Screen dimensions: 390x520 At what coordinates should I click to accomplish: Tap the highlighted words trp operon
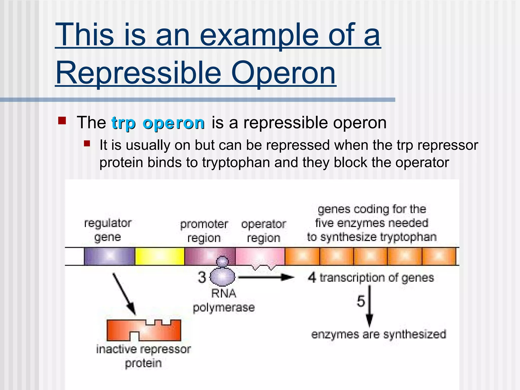pos(158,123)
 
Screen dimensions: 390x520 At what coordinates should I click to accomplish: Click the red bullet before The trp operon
pos(62,120)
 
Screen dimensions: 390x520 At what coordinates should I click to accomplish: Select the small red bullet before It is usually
pos(87,144)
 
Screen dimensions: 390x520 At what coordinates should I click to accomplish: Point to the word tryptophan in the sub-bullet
pos(236,162)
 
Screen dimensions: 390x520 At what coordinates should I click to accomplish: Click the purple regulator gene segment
pos(109,256)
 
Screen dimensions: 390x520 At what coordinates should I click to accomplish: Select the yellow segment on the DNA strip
pos(159,256)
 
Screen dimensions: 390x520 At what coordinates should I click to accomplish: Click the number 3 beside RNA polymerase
pos(202,277)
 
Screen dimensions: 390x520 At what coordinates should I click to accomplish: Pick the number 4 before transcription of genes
pos(312,278)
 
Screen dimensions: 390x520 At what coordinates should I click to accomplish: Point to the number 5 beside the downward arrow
pos(361,301)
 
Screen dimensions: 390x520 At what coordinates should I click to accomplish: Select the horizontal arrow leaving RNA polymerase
pos(265,277)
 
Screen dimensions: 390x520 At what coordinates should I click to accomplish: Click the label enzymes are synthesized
pos(379,334)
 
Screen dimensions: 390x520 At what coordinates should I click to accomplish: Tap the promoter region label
pos(204,231)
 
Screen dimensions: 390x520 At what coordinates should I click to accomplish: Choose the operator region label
pos(264,231)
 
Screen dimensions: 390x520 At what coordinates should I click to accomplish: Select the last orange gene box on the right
pos(439,256)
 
